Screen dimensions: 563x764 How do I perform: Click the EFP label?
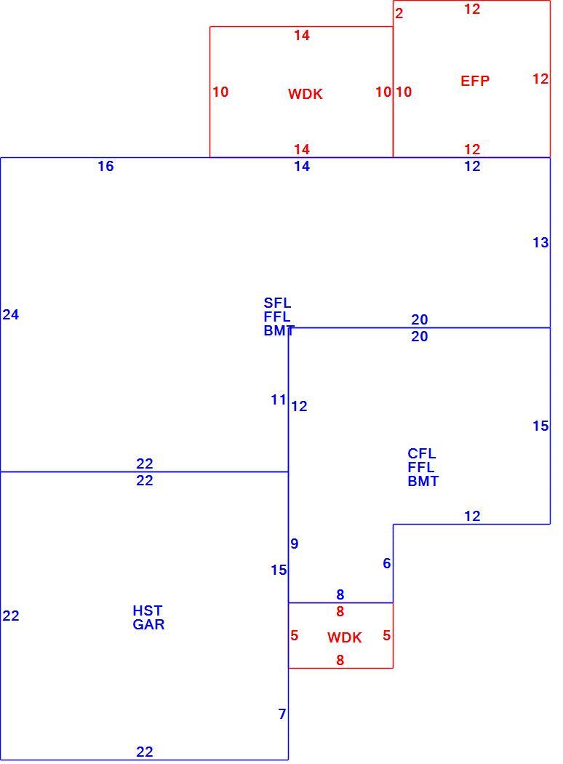475,80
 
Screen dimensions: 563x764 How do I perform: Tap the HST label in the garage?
147,610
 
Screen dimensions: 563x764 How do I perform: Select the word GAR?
148,624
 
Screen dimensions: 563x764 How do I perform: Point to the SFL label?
277,303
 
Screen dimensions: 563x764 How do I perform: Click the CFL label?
422,453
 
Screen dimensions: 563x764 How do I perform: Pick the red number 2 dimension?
399,14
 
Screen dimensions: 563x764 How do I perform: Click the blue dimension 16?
105,166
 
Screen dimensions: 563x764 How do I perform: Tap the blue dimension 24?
11,315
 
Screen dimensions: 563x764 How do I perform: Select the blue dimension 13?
540,242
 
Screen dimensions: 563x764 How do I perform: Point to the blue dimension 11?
279,400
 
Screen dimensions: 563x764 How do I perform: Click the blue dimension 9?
294,544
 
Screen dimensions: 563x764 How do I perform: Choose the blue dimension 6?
387,563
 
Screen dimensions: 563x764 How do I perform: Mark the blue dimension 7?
282,714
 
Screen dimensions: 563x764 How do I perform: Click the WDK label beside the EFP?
306,94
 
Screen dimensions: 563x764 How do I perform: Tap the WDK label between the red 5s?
344,637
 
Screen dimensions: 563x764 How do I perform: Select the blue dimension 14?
302,166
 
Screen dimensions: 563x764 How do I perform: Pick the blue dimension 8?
340,594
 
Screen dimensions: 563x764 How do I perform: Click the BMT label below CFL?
423,481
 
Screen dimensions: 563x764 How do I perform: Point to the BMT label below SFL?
279,330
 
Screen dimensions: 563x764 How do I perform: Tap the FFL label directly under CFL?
421,467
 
